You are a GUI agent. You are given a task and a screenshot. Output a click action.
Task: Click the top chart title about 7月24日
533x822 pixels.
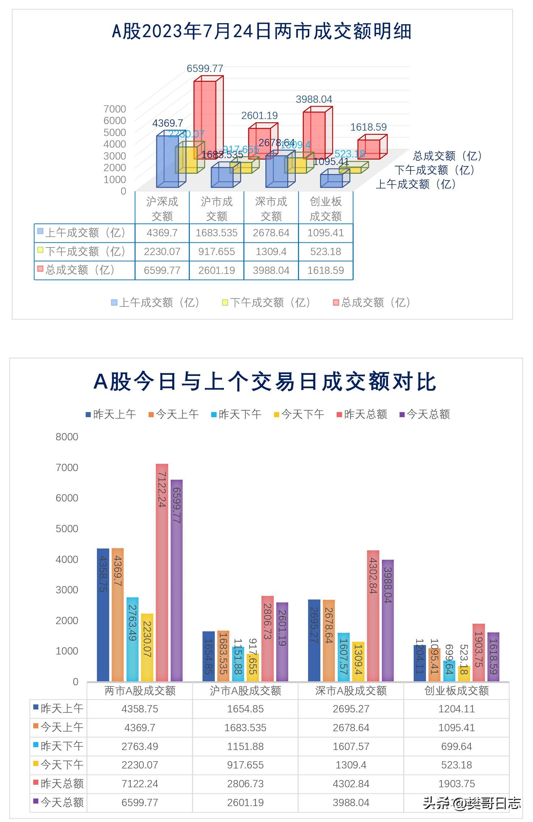pos(262,31)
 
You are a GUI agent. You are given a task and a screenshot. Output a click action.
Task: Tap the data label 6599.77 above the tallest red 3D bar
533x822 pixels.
pos(205,68)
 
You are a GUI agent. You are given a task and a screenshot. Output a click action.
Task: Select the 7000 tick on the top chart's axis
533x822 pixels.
pos(115,109)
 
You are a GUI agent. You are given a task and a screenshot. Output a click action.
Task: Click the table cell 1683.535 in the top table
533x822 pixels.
pos(216,233)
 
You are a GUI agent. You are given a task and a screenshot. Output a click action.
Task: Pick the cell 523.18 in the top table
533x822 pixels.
pos(325,251)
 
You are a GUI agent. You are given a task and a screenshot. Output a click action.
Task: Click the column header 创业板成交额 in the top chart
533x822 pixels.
pos(325,209)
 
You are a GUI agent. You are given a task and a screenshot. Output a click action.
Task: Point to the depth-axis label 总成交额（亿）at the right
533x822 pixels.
pos(448,156)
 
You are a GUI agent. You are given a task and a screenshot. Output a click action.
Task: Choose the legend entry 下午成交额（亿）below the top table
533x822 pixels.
pos(266,302)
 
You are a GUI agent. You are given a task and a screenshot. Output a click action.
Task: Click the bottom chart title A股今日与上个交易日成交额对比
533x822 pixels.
pos(265,381)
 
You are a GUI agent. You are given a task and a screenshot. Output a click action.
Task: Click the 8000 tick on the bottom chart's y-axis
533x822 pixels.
pos(67,437)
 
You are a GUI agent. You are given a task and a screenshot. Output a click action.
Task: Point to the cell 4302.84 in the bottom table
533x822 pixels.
pos(351,784)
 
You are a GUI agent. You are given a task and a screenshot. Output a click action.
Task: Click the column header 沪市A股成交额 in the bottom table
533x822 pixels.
pos(245,691)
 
